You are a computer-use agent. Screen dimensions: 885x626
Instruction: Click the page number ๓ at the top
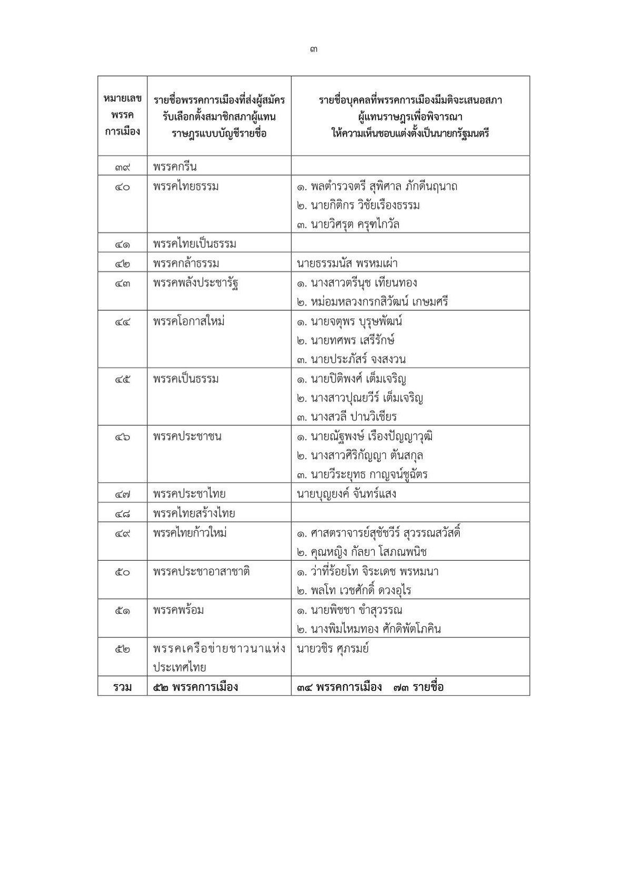click(313, 50)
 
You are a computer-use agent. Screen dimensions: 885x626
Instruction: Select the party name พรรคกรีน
click(175, 167)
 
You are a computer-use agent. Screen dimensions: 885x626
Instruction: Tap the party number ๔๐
click(122, 187)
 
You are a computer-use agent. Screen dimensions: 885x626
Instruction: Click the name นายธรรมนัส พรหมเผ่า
click(347, 263)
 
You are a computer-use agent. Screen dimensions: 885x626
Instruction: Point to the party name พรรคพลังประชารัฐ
click(196, 283)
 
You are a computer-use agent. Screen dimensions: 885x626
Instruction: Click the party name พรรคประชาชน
click(187, 436)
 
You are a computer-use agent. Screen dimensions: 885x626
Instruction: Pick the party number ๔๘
click(122, 513)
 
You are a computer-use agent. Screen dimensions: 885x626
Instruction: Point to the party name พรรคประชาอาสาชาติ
click(201, 571)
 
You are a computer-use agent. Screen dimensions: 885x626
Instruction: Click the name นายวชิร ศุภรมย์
click(332, 648)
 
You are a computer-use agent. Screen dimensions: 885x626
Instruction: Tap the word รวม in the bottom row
click(122, 687)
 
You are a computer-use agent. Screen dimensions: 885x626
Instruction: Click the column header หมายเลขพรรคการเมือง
click(122, 116)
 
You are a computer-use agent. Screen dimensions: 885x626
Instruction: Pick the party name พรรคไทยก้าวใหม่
click(190, 533)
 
